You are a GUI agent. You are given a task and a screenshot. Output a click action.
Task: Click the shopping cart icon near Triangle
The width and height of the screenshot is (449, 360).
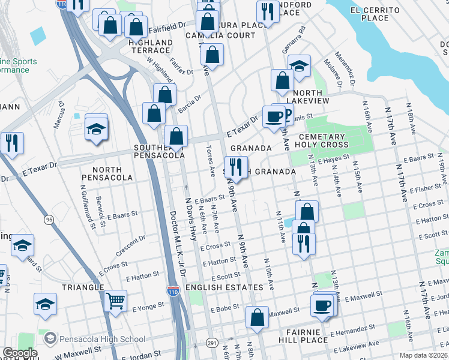[x=115, y=299]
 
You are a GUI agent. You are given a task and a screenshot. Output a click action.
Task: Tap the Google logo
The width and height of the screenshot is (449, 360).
[x=20, y=353]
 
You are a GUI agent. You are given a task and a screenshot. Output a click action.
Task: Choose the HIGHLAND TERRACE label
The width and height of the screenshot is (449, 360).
[x=151, y=47]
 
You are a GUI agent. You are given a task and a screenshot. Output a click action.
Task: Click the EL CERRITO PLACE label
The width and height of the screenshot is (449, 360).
[x=375, y=14]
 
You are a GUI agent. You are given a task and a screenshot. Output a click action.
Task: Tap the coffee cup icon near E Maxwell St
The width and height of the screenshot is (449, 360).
[x=322, y=305]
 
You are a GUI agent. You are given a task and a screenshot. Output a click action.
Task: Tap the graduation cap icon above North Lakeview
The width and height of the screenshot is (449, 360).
[x=298, y=65]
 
